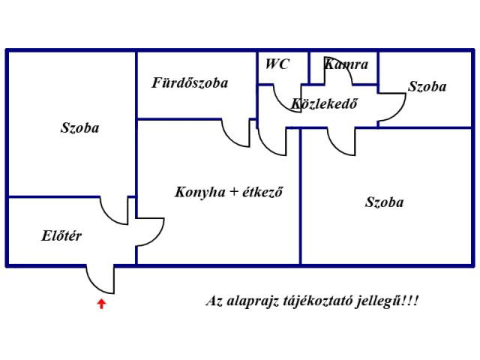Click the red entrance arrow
pyautogui.click(x=102, y=304)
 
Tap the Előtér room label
pyautogui.click(x=61, y=236)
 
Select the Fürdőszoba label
pyautogui.click(x=190, y=83)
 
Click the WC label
pyautogui.click(x=277, y=64)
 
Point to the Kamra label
pyautogui.click(x=346, y=64)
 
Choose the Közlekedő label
pyautogui.click(x=324, y=104)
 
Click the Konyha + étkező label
pyautogui.click(x=228, y=192)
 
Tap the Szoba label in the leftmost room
pyautogui.click(x=79, y=128)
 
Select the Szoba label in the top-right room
pyautogui.click(x=427, y=87)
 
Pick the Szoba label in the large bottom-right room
pyautogui.click(x=384, y=202)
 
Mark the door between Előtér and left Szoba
pyautogui.click(x=115, y=211)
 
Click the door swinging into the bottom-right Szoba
pyautogui.click(x=341, y=142)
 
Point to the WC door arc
pyautogui.click(x=281, y=97)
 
